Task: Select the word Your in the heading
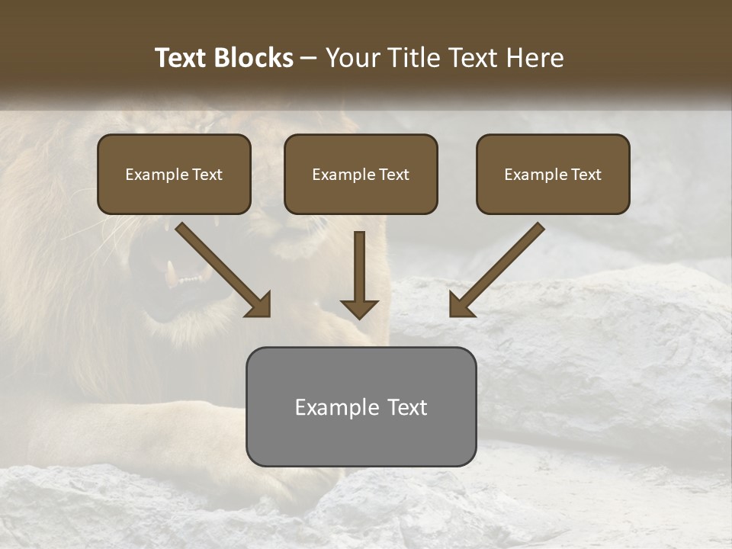point(353,58)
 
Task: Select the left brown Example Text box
point(174,174)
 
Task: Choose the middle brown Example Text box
point(361,174)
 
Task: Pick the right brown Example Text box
point(553,174)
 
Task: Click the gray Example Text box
point(361,407)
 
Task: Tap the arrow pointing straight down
point(359,274)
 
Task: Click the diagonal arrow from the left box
point(223,270)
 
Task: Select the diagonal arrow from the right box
point(497,270)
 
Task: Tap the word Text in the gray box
point(407,407)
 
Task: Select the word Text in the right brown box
point(586,174)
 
